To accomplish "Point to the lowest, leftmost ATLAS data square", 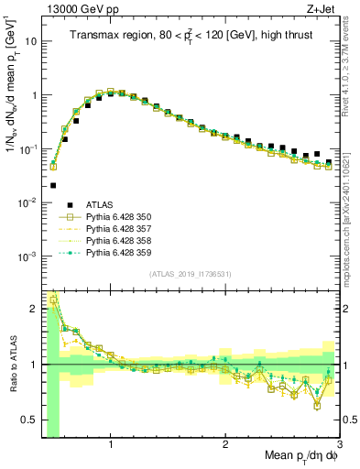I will point(52,185).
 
